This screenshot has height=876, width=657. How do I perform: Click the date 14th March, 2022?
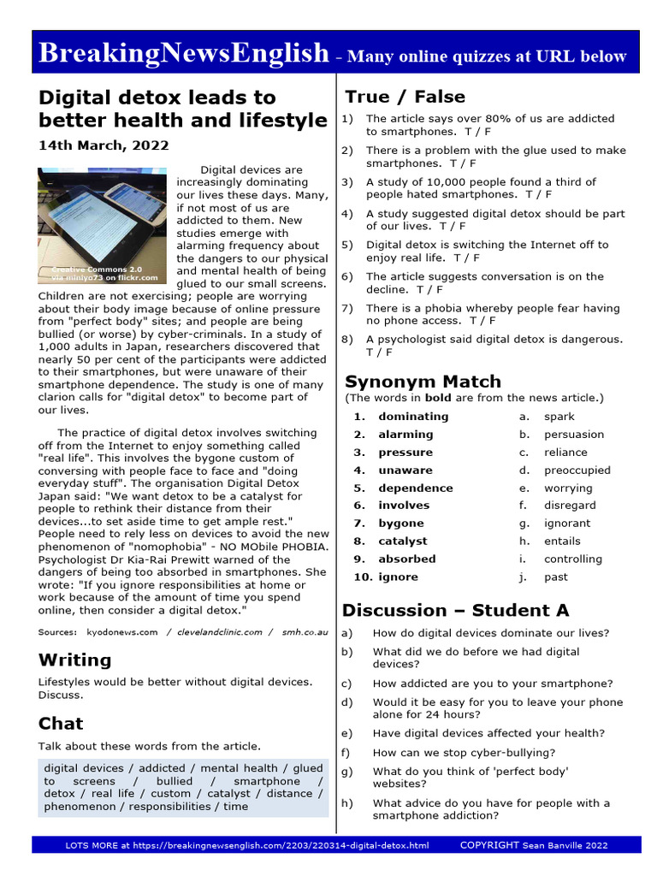104,145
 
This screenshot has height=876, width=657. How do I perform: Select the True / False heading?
405,97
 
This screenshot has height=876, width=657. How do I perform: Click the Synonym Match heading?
423,382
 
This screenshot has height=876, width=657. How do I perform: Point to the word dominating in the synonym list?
413,417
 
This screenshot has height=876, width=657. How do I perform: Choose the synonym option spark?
559,417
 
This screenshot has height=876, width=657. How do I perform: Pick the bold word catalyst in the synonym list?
402,542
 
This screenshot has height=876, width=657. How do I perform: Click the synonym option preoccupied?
577,471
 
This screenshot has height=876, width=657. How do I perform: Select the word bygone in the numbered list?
401,524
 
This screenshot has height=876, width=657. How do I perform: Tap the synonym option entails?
562,542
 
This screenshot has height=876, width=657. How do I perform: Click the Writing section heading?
74,660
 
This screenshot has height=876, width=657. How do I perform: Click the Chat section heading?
61,724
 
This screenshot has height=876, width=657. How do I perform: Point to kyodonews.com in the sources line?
122,632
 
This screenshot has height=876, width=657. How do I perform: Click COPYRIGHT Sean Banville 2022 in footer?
534,845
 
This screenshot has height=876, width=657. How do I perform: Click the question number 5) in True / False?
347,245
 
